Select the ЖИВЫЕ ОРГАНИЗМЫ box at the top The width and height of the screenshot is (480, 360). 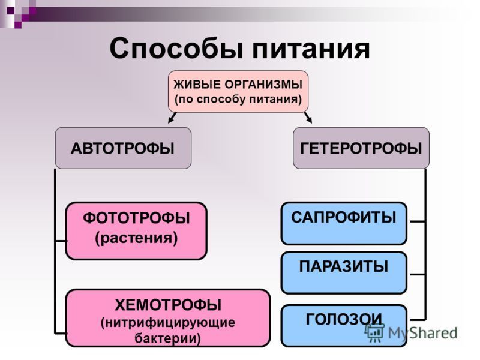[x=238, y=91]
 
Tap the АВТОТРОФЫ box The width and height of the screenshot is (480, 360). [x=123, y=148]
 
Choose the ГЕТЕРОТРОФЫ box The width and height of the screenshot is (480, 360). [x=361, y=148]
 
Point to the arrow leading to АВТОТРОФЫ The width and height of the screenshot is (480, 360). [x=172, y=118]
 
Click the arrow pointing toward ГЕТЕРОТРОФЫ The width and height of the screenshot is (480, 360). [x=308, y=118]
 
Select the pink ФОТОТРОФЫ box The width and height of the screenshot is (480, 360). [x=136, y=231]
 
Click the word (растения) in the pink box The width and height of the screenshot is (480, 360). [x=136, y=238]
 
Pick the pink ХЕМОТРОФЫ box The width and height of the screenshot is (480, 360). [x=168, y=318]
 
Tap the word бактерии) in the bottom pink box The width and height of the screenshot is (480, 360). [x=168, y=338]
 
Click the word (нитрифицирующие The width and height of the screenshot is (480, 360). [x=168, y=323]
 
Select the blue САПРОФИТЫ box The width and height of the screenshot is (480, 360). [x=344, y=223]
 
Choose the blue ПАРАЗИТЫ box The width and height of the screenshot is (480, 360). [x=344, y=273]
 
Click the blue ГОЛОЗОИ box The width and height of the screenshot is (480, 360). [x=344, y=326]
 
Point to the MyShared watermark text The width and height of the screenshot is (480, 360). [x=423, y=333]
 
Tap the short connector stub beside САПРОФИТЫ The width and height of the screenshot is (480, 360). [x=417, y=221]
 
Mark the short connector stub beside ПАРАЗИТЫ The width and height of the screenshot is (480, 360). [x=417, y=274]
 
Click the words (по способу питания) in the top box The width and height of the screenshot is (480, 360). [x=238, y=99]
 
